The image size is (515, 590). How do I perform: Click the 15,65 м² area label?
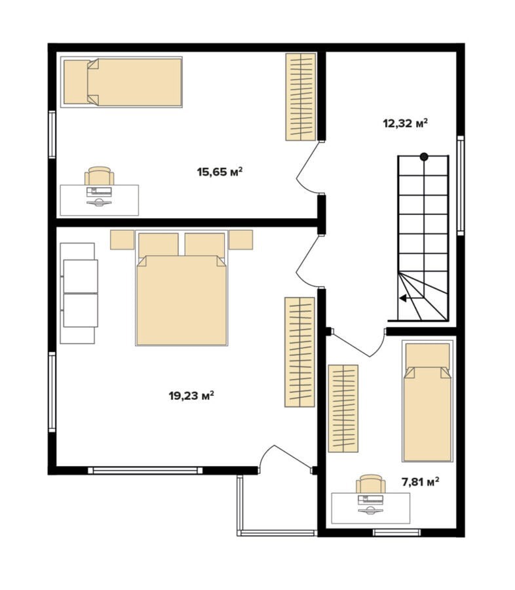click(x=219, y=172)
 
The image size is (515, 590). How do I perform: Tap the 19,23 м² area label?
click(x=191, y=395)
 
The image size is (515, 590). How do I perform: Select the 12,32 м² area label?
click(x=406, y=123)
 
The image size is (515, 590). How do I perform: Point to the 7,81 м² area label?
click(x=421, y=482)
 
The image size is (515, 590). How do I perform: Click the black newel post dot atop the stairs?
click(x=424, y=157)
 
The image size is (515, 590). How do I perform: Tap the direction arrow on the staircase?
click(x=412, y=298)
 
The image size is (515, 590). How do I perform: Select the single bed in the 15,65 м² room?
click(x=121, y=82)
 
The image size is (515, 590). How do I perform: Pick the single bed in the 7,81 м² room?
click(x=427, y=401)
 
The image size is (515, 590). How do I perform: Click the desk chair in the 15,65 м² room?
click(x=99, y=176)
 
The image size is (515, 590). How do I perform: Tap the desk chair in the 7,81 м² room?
click(x=371, y=484)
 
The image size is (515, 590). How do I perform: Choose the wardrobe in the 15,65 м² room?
click(x=301, y=97)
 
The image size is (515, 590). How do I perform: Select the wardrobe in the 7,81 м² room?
click(x=343, y=408)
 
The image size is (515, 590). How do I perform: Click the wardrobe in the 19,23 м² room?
click(x=299, y=352)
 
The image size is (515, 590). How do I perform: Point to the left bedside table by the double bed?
click(x=123, y=240)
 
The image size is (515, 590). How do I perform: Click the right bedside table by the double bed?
click(x=240, y=240)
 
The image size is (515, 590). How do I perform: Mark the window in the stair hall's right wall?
click(x=461, y=186)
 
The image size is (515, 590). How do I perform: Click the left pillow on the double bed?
click(x=159, y=245)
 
